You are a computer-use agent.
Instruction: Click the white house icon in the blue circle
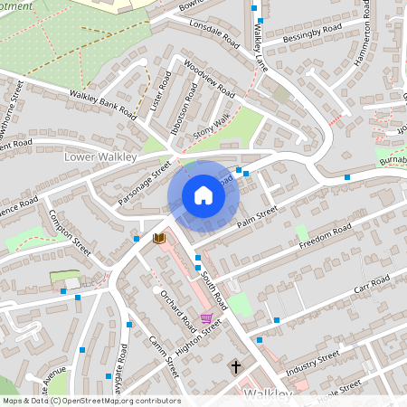[x=203, y=195]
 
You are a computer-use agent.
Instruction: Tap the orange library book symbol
[x=159, y=238]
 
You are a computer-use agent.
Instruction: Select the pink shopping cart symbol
[x=206, y=317]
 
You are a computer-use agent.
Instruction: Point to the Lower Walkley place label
[x=99, y=156]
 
